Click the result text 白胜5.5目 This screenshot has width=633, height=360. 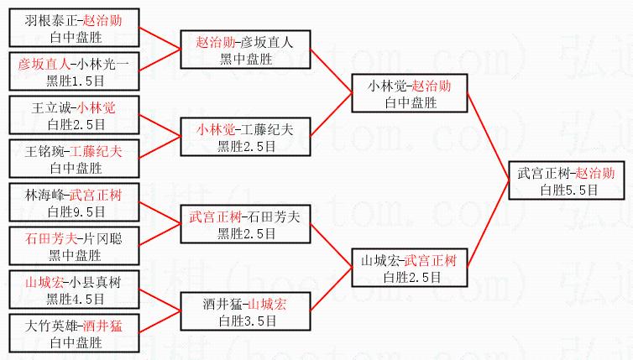click(x=569, y=190)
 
